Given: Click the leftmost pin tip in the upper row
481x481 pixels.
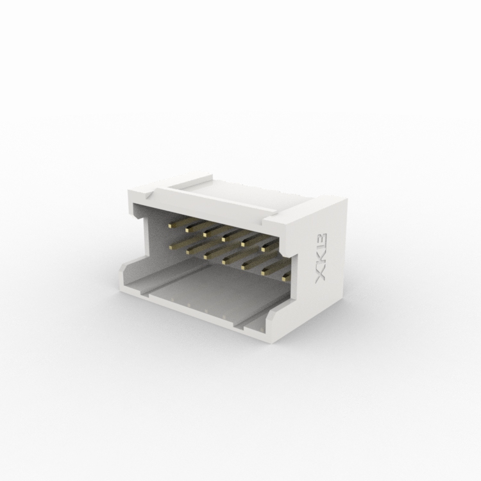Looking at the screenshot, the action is (170, 226).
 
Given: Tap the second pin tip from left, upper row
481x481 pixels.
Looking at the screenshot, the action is (187, 230).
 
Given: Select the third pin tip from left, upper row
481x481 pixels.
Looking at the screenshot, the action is (205, 234).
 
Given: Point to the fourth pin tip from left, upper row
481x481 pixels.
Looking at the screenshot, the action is (224, 239).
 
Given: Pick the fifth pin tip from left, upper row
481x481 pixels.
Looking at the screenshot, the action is (244, 244).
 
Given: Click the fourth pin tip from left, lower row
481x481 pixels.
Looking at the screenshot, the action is (225, 262).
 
